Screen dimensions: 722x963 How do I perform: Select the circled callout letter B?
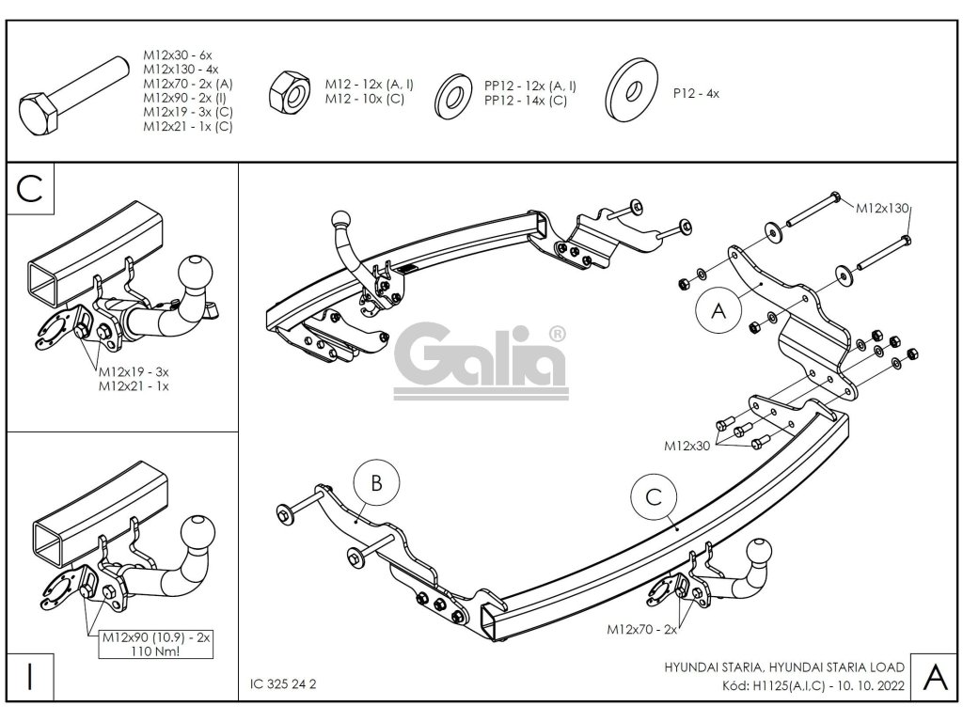click(376, 483)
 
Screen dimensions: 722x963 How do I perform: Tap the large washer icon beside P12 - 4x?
click(632, 92)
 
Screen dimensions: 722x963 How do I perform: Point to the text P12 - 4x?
click(696, 93)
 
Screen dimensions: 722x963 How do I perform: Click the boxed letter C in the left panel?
click(31, 188)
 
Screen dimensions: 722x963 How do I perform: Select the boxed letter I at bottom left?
click(30, 677)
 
